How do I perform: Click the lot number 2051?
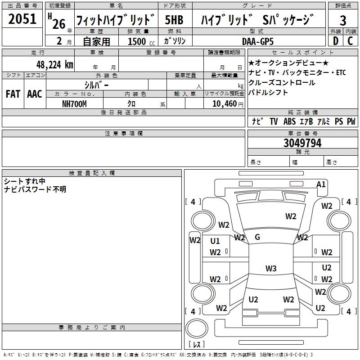click(x=22, y=19)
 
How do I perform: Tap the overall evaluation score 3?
click(x=343, y=20)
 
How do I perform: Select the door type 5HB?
click(x=174, y=20)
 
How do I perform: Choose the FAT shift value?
click(x=13, y=94)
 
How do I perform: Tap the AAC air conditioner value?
click(x=34, y=94)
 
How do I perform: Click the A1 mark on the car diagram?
click(x=321, y=184)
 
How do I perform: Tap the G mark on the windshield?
click(x=257, y=237)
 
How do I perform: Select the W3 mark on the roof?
click(x=270, y=269)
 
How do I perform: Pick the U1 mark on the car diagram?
click(x=215, y=241)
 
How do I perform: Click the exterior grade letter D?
click(x=335, y=41)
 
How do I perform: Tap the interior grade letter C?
click(x=350, y=41)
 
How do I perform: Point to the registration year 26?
click(x=58, y=23)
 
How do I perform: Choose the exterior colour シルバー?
click(x=96, y=85)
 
